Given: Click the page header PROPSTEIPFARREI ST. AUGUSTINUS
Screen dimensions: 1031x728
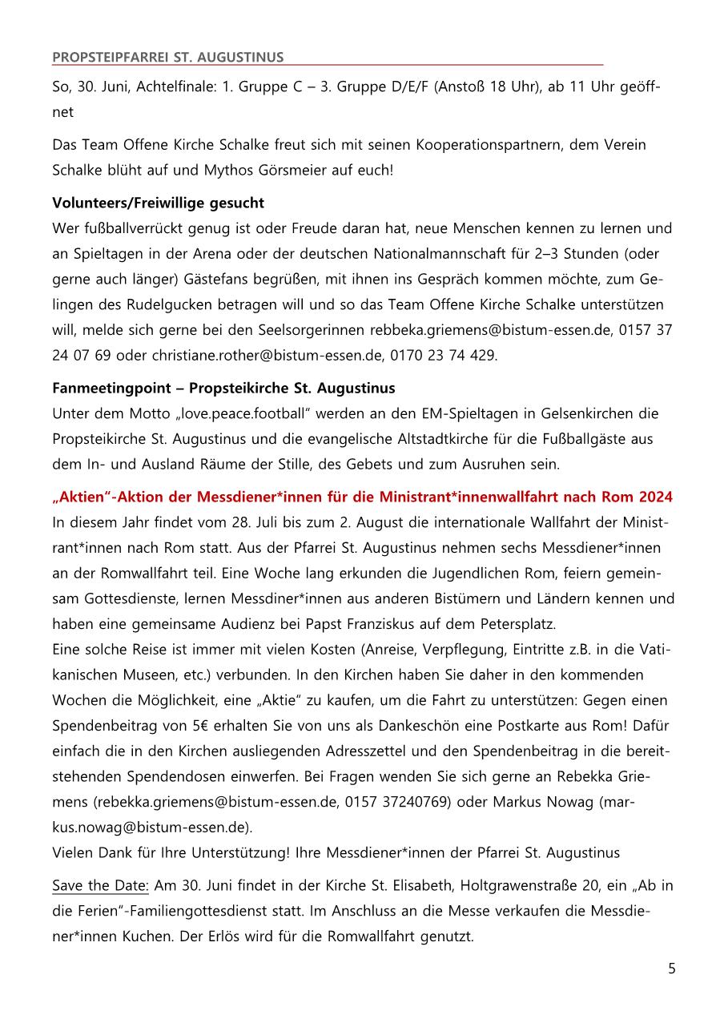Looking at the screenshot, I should (x=167, y=57).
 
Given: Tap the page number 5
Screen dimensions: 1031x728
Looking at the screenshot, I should (x=671, y=969).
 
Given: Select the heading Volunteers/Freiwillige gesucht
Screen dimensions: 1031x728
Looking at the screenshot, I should (x=158, y=203).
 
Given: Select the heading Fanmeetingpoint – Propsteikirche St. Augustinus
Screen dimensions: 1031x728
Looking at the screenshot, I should (x=223, y=389).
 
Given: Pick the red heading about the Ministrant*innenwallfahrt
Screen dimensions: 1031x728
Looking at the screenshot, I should (x=362, y=497).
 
